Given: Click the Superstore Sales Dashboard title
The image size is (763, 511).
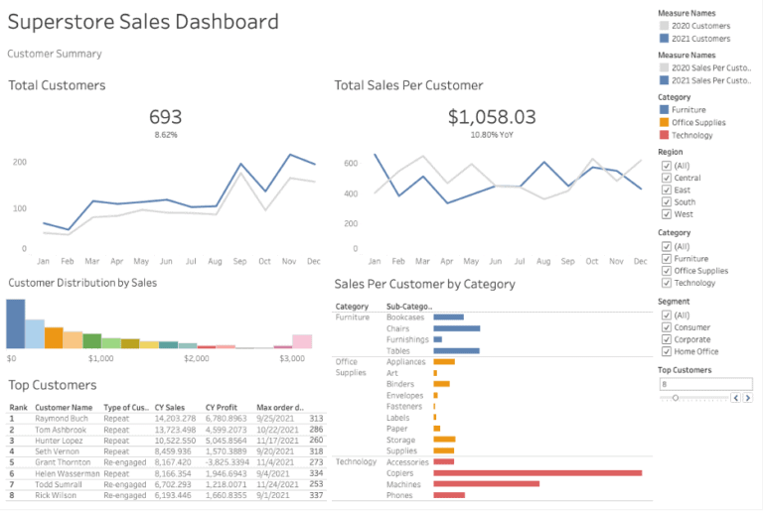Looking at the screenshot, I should pos(143,23).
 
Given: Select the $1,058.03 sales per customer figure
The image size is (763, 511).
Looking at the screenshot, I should pos(491,117).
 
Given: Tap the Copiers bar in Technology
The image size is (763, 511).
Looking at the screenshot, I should pos(537,472).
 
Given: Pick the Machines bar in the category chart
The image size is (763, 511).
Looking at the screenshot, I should pos(486,483).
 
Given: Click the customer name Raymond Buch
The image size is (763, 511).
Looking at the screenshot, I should pos(62,419).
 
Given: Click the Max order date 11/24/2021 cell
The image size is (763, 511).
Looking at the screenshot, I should pos(278,484).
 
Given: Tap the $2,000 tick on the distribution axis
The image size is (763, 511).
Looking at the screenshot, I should pos(197,358).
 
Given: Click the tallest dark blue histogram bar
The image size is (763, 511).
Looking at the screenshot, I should pos(15,323).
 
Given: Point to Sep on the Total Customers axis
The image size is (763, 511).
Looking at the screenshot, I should pos(239,261).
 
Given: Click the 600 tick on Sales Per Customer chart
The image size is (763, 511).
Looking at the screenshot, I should pos(350,163).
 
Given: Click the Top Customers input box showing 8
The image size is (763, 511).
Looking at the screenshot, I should pos(705,383).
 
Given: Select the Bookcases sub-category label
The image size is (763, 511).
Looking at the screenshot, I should pos(405,318).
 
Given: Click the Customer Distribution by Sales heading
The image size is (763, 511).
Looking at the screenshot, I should pos(82,283).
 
